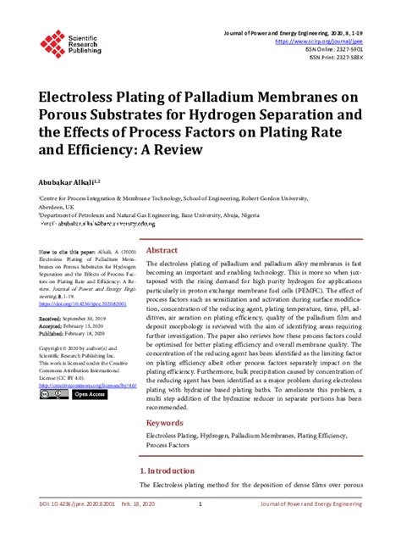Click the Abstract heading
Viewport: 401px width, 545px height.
(162, 227)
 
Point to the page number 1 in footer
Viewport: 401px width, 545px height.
(200, 528)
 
